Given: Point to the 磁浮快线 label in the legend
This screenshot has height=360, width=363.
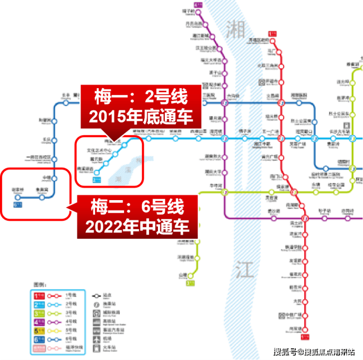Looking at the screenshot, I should [x=74, y=348].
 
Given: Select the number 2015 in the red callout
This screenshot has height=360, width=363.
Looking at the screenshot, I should [x=105, y=118].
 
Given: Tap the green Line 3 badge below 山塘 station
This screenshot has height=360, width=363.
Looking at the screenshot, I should [x=190, y=283].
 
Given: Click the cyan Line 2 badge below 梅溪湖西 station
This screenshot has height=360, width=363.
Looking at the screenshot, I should [x=97, y=180].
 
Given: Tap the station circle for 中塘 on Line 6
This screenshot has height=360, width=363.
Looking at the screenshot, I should [x=54, y=178].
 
